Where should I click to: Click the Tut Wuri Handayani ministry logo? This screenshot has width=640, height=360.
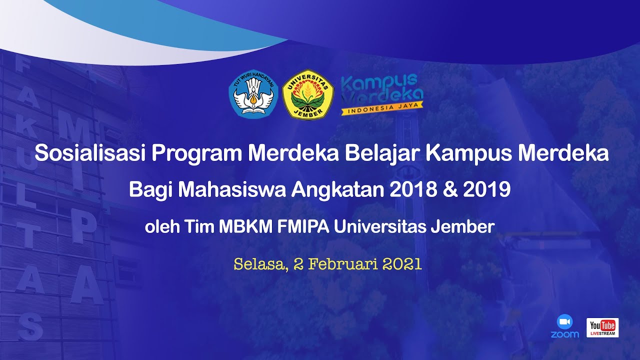point(253,93)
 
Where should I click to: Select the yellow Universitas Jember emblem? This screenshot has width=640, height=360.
point(308,94)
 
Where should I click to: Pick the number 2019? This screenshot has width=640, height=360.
point(486,190)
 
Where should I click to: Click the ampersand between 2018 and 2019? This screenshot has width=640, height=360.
point(449,190)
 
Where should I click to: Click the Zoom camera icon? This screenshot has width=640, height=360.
point(564,321)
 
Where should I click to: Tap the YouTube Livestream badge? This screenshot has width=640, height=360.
point(602,327)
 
